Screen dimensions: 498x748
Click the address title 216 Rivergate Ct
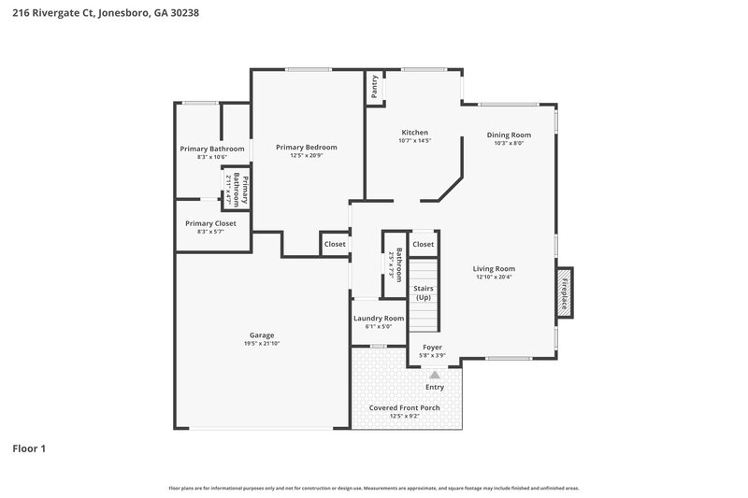(x=105, y=13)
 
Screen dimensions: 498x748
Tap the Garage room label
(x=261, y=335)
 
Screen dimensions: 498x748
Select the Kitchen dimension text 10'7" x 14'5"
(x=414, y=141)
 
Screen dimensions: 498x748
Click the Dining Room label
(x=509, y=135)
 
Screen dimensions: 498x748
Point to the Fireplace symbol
(x=565, y=287)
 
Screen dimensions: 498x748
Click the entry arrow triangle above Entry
(x=435, y=374)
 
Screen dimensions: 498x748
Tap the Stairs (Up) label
(x=423, y=292)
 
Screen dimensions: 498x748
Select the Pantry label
(x=375, y=86)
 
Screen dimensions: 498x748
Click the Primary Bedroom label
(x=306, y=147)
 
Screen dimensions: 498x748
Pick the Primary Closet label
(x=210, y=223)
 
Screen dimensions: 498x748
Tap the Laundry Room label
(x=379, y=319)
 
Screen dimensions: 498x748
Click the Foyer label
(x=432, y=347)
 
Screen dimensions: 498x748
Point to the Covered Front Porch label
(x=404, y=408)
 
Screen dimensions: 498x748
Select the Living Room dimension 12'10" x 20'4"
(x=495, y=277)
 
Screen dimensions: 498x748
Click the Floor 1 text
(x=29, y=448)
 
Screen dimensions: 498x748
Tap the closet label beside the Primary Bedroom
(x=335, y=244)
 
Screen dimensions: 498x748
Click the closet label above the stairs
(x=424, y=244)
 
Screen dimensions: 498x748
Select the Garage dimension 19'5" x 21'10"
(x=261, y=344)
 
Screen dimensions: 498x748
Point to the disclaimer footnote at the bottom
(x=373, y=488)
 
